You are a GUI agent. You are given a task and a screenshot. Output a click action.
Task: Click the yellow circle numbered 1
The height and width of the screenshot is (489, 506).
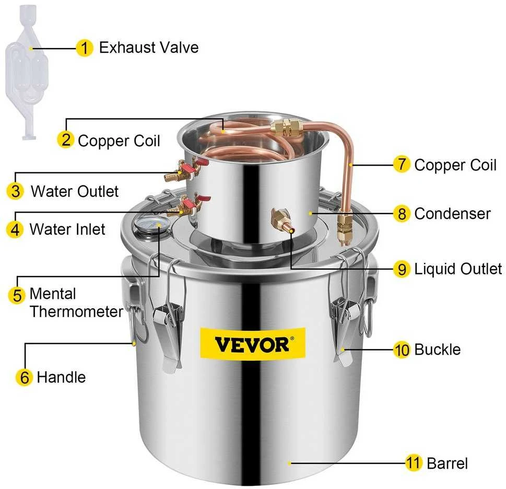pyautogui.click(x=85, y=48)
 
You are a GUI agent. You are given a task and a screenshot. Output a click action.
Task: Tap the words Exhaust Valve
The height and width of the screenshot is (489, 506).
pyautogui.click(x=149, y=48)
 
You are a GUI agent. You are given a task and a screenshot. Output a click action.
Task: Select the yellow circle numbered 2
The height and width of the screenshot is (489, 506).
pyautogui.click(x=66, y=140)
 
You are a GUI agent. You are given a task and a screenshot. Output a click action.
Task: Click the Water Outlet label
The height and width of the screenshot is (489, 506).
pyautogui.click(x=75, y=191)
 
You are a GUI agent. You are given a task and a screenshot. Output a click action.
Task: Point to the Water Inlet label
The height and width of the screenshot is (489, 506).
pyautogui.click(x=67, y=229)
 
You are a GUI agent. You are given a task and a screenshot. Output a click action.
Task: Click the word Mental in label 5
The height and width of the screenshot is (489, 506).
pyautogui.click(x=53, y=294)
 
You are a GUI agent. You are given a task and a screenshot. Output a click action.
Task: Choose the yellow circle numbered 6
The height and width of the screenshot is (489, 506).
pyautogui.click(x=25, y=377)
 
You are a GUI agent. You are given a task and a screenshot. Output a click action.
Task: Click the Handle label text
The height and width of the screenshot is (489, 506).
pyautogui.click(x=61, y=377)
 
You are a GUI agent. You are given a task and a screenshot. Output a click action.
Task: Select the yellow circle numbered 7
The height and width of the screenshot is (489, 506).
pyautogui.click(x=402, y=164)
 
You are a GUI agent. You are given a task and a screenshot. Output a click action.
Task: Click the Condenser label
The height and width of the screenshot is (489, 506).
pyautogui.click(x=452, y=214)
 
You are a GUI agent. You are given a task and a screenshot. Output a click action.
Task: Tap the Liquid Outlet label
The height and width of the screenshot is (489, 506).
pyautogui.click(x=458, y=269)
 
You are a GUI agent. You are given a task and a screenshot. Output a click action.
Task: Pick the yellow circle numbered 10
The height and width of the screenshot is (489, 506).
pyautogui.click(x=402, y=350)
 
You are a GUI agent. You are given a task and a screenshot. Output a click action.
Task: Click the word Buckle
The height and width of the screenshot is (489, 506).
pyautogui.click(x=437, y=350)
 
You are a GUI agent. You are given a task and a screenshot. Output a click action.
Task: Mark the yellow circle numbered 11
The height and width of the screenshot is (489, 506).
pyautogui.click(x=414, y=463)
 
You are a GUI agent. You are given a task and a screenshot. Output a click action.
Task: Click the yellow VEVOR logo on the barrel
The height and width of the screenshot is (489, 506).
pyautogui.click(x=253, y=343)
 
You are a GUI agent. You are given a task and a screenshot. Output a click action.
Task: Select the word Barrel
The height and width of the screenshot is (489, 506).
pyautogui.click(x=448, y=463)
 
